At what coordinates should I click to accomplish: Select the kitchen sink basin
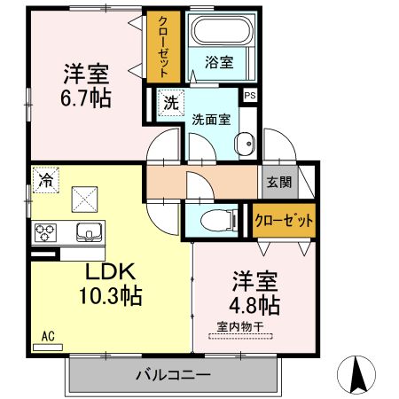click(x=89, y=233)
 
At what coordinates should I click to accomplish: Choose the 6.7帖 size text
click(x=86, y=98)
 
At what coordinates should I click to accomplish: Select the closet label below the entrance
click(x=283, y=220)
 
